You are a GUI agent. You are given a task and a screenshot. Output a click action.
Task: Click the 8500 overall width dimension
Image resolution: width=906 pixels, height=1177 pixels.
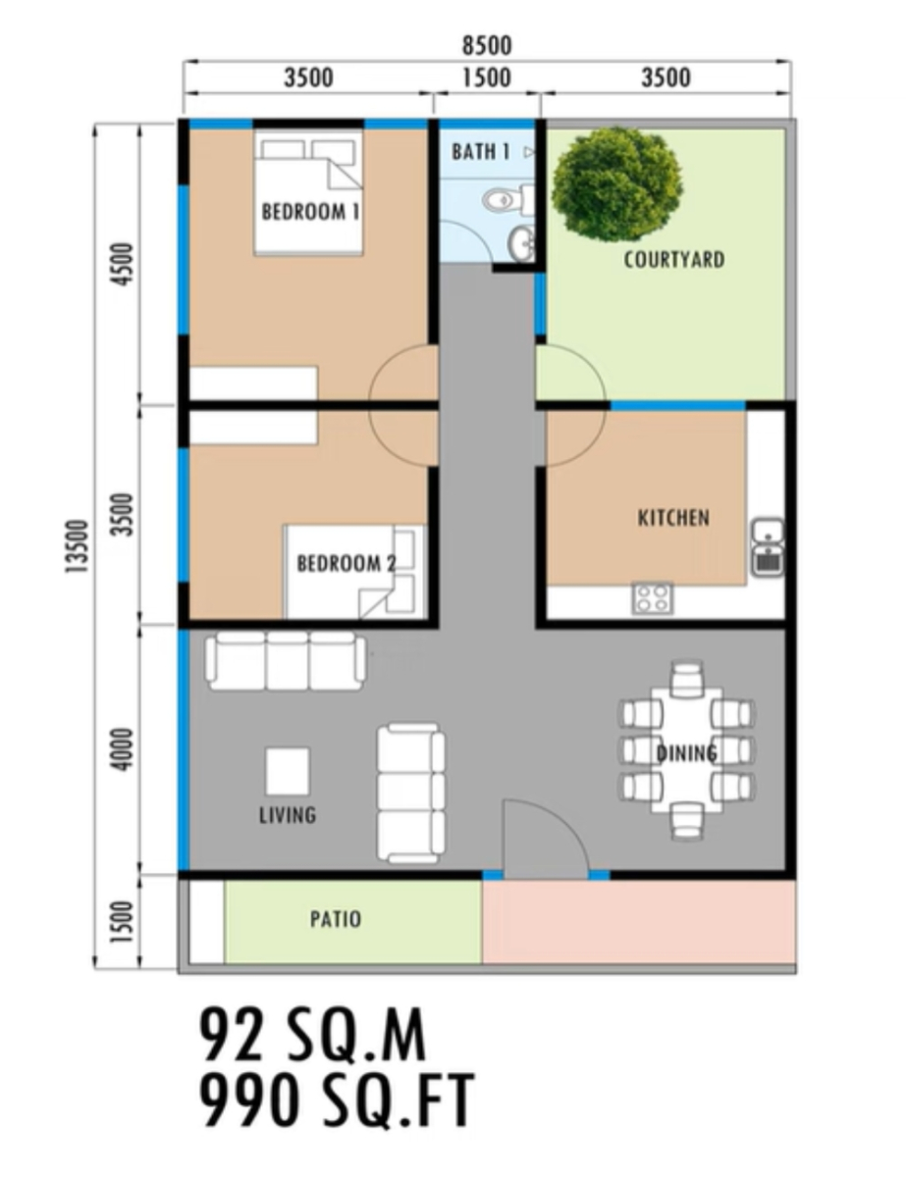486,45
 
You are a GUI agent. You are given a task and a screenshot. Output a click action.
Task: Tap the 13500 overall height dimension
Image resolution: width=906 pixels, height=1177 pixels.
77,546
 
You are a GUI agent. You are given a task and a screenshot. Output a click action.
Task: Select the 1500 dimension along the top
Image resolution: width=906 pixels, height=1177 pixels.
486,77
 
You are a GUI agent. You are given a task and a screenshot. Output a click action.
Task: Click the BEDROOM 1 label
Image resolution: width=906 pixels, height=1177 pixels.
310,211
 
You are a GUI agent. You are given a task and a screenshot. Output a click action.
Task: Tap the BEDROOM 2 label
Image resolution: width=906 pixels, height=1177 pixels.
346,563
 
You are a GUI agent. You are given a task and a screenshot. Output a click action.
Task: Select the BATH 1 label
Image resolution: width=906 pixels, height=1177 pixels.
481,152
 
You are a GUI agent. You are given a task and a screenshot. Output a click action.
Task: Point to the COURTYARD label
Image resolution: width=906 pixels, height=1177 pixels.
674,260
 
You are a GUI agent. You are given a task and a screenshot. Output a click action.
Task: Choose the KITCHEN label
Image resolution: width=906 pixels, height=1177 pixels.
673,518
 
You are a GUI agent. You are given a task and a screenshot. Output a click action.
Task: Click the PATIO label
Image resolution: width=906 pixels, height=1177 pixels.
336,919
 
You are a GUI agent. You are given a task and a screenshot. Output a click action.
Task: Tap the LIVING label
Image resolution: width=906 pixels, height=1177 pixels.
288,815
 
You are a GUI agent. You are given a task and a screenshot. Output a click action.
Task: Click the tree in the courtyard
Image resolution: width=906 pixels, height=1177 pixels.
617,183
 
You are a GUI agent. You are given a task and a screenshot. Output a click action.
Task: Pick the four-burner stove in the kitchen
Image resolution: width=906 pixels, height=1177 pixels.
653,598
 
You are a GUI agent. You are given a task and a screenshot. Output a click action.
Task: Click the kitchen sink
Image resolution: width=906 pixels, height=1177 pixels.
767,547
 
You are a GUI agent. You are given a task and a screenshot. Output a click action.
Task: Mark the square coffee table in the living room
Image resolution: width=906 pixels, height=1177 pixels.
288,771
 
